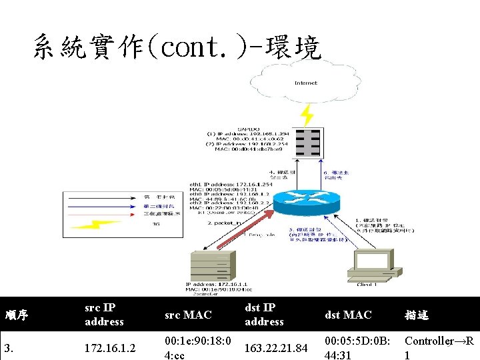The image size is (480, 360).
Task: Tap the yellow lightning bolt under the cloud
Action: [x=307, y=115]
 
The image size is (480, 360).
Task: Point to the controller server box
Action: [x=212, y=267]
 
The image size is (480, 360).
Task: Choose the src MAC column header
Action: [x=188, y=315]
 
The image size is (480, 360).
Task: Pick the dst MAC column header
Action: [x=348, y=315]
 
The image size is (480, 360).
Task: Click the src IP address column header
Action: [x=104, y=315]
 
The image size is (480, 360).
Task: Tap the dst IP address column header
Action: [x=264, y=315]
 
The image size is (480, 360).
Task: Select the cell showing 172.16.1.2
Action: [x=104, y=348]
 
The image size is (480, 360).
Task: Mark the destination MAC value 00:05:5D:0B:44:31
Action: [x=357, y=348]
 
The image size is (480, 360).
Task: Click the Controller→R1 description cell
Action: [x=439, y=348]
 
